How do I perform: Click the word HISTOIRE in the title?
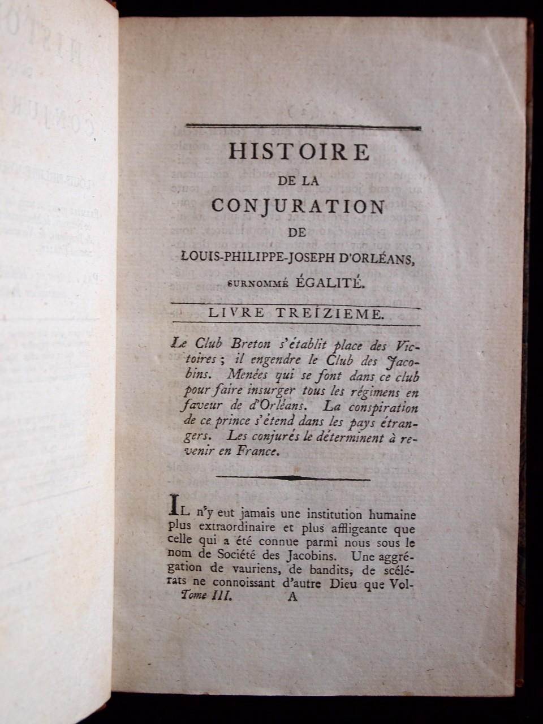[x=298, y=152]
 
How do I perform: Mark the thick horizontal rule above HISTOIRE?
[x=304, y=128]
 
